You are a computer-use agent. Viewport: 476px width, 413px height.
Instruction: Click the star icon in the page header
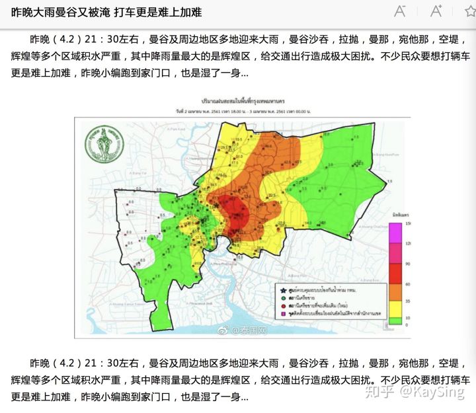pos(464,11)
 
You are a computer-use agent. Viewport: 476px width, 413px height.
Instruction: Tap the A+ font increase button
pos(436,11)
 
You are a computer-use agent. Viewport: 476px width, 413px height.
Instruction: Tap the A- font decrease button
pos(400,11)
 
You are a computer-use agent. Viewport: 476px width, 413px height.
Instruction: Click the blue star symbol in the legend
pos(283,290)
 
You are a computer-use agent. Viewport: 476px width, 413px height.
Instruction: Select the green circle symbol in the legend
pos(283,298)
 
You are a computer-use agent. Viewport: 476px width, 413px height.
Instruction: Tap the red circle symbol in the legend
pos(283,306)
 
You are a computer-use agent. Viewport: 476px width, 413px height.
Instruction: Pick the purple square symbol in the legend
pos(283,314)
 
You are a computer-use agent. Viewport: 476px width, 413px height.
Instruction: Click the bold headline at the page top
pos(106,13)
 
